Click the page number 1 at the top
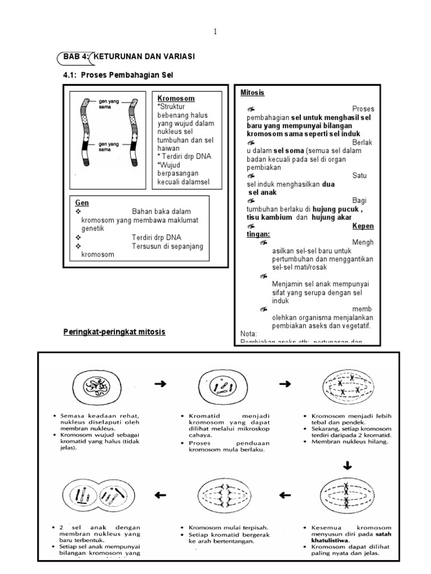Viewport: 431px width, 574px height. (215, 31)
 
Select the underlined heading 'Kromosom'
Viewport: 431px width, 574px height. (176, 98)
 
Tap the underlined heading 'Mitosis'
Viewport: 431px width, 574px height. (252, 92)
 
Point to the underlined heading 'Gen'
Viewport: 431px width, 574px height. (82, 202)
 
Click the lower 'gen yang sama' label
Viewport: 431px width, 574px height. (109, 147)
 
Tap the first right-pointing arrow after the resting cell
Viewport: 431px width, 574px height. (160, 384)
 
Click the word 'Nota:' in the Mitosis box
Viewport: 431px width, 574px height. (248, 333)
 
